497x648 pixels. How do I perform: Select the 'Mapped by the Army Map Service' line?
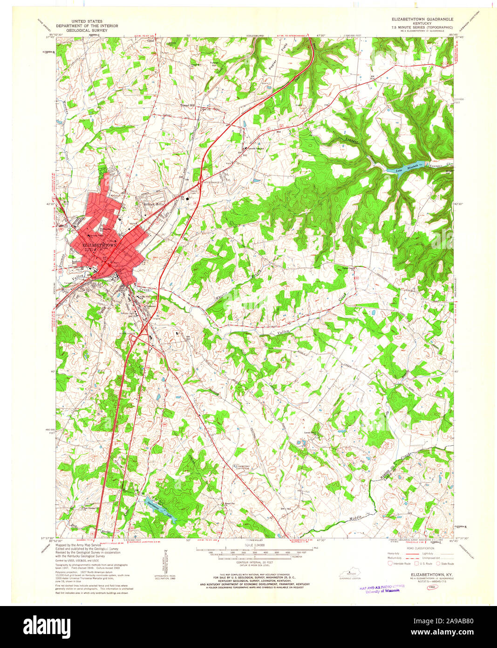click(x=78, y=545)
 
